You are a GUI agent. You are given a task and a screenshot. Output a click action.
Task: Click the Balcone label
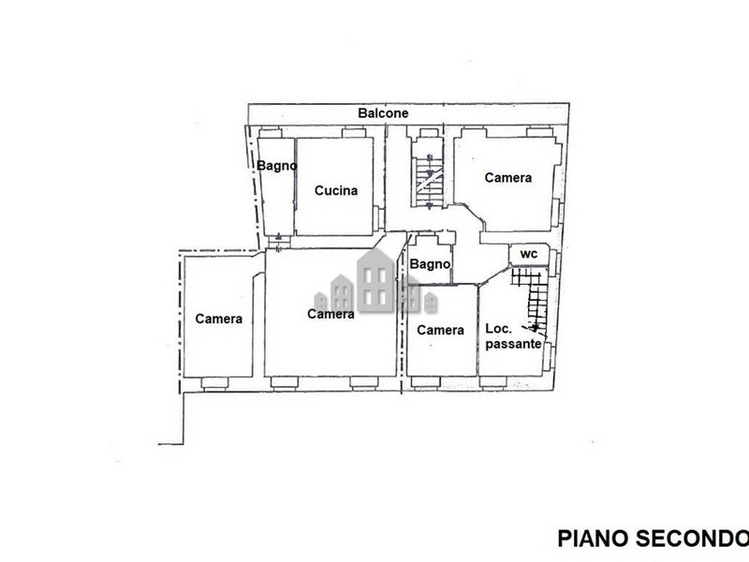click(383, 113)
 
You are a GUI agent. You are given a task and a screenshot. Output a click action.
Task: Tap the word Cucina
click(336, 191)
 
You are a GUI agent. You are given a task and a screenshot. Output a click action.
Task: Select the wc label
click(528, 254)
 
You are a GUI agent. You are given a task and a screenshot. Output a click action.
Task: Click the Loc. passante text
click(513, 336)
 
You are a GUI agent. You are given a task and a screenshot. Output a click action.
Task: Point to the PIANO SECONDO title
click(653, 539)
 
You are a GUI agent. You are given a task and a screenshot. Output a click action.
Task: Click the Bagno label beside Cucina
click(276, 166)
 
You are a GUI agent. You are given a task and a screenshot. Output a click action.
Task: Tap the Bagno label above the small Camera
click(430, 264)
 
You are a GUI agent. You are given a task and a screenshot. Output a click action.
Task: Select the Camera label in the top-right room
click(507, 178)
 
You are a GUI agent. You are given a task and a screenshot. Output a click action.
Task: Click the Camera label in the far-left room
click(219, 318)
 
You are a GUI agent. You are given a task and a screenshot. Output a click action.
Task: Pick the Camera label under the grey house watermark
click(330, 314)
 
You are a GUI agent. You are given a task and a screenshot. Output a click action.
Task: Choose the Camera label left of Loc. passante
click(440, 331)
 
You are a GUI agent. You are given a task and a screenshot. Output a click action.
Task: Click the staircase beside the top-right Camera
click(429, 174)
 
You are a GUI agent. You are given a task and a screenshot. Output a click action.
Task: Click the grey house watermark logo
click(376, 282)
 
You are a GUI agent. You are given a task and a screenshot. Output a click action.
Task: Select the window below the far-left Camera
click(214, 383)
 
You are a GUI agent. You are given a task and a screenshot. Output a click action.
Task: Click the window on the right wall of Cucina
click(378, 217)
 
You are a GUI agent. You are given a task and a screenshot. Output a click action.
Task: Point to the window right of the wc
click(554, 262)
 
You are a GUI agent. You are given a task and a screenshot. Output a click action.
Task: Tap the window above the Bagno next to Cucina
click(271, 132)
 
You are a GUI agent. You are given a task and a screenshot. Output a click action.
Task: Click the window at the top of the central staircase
click(429, 133)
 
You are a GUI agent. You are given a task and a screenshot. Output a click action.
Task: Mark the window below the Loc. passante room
click(493, 382)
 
